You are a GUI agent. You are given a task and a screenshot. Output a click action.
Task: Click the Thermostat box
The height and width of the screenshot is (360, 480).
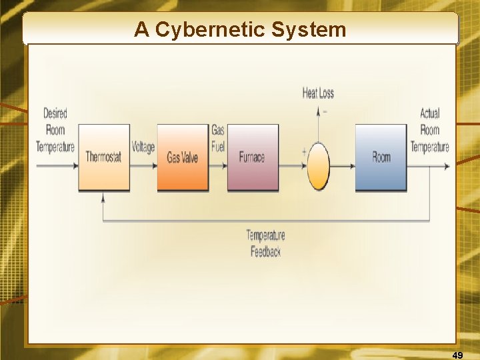tap(103, 157)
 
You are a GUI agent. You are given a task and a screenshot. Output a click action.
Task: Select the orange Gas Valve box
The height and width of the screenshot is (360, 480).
tap(183, 157)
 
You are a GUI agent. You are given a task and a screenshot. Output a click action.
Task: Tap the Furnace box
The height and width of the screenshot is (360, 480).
tap(253, 157)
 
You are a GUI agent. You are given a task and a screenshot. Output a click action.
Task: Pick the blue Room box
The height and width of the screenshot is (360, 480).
tap(381, 157)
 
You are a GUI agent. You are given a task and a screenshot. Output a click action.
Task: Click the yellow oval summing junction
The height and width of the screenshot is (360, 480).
tap(318, 165)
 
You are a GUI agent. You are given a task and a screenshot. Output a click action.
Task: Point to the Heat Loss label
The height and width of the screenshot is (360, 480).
tap(318, 93)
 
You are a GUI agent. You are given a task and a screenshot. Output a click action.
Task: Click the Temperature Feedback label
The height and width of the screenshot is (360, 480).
tap(265, 243)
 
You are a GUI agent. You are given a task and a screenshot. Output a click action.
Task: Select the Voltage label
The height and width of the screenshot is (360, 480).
tap(143, 147)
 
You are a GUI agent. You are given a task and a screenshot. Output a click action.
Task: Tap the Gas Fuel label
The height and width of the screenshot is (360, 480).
tap(218, 139)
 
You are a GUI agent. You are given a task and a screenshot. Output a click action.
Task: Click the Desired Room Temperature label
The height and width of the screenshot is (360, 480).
tap(55, 130)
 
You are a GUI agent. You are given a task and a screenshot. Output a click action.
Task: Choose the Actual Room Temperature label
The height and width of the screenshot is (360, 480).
tap(430, 130)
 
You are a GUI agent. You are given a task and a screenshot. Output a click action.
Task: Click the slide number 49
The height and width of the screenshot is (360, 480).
tap(457, 355)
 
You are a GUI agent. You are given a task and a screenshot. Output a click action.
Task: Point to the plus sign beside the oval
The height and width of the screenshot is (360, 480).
tap(304, 152)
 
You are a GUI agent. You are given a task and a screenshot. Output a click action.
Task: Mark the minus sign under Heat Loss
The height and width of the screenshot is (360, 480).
tap(325, 111)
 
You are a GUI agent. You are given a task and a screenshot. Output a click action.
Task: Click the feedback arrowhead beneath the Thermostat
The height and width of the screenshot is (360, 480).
tap(103, 197)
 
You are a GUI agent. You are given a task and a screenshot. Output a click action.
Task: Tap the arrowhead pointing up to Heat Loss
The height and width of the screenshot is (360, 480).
tap(318, 111)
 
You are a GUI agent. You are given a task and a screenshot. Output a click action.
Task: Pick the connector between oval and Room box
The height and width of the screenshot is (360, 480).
tap(342, 165)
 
